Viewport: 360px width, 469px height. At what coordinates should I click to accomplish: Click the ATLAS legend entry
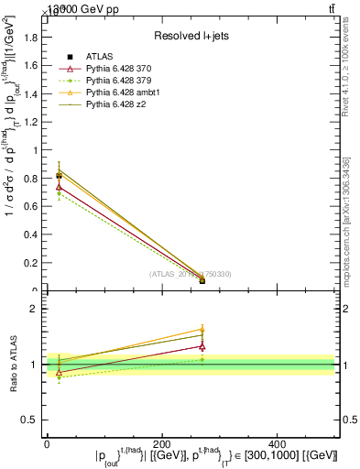click(98, 57)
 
